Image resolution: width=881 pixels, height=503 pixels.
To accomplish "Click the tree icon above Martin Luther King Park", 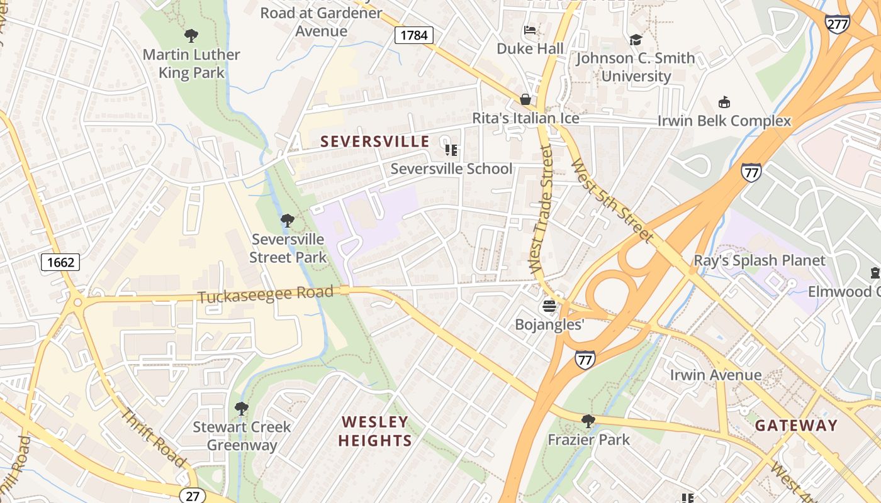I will pos(191,36).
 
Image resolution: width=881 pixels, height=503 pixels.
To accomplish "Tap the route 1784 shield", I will pos(414,35).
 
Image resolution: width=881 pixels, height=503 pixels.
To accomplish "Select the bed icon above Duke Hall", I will pos(530,30).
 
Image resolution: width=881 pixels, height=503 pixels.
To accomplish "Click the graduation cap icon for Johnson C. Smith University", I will pos(636,40).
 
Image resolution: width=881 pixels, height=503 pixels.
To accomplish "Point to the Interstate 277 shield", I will pos(838,23).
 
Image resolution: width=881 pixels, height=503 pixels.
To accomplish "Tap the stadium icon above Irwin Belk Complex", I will pos(724,102).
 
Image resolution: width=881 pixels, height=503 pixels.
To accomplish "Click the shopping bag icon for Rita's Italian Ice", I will pos(525,99).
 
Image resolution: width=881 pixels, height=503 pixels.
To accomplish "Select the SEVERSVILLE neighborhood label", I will pos(375,142).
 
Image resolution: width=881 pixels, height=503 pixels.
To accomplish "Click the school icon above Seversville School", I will pos(451,150).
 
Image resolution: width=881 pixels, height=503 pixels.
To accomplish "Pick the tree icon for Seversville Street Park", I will pos(288,221).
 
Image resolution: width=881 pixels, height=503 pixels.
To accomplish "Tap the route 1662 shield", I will pos(60,262).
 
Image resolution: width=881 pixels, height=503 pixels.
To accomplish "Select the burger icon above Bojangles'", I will pos(549,306).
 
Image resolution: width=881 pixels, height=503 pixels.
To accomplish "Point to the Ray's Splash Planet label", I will pos(759,260).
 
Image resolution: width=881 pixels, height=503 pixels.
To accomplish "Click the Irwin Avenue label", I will pos(715,375).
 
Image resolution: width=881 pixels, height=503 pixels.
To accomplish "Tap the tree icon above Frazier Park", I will pos(588,421).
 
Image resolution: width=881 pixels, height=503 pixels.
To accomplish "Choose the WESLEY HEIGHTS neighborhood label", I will pos(375,431).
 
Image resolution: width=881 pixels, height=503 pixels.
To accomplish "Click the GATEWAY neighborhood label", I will pos(796,426).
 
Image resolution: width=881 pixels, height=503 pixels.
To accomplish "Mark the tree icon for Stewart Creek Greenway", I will pos(241,409).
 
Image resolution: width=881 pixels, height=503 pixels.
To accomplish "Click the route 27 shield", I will pos(193,495).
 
